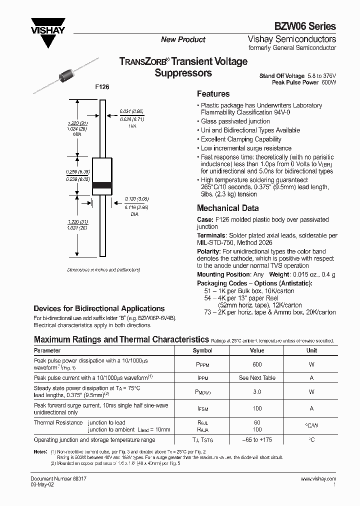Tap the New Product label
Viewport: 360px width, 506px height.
point(183,39)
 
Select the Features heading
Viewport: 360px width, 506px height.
point(213,94)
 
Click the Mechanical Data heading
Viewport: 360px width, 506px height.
point(227,208)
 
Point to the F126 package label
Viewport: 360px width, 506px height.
point(102,87)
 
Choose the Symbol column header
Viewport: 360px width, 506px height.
point(202,350)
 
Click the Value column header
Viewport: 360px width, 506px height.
point(257,350)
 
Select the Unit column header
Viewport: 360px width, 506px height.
point(311,350)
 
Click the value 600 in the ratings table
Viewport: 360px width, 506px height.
point(257,364)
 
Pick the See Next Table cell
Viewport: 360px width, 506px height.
point(257,378)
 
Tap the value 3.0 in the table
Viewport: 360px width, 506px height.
point(257,392)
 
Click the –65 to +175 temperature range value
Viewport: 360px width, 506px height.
point(257,440)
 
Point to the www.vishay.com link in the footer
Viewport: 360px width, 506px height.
point(318,478)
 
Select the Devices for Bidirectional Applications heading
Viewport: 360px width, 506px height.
point(99,308)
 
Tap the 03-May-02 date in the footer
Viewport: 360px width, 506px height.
point(41,484)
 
